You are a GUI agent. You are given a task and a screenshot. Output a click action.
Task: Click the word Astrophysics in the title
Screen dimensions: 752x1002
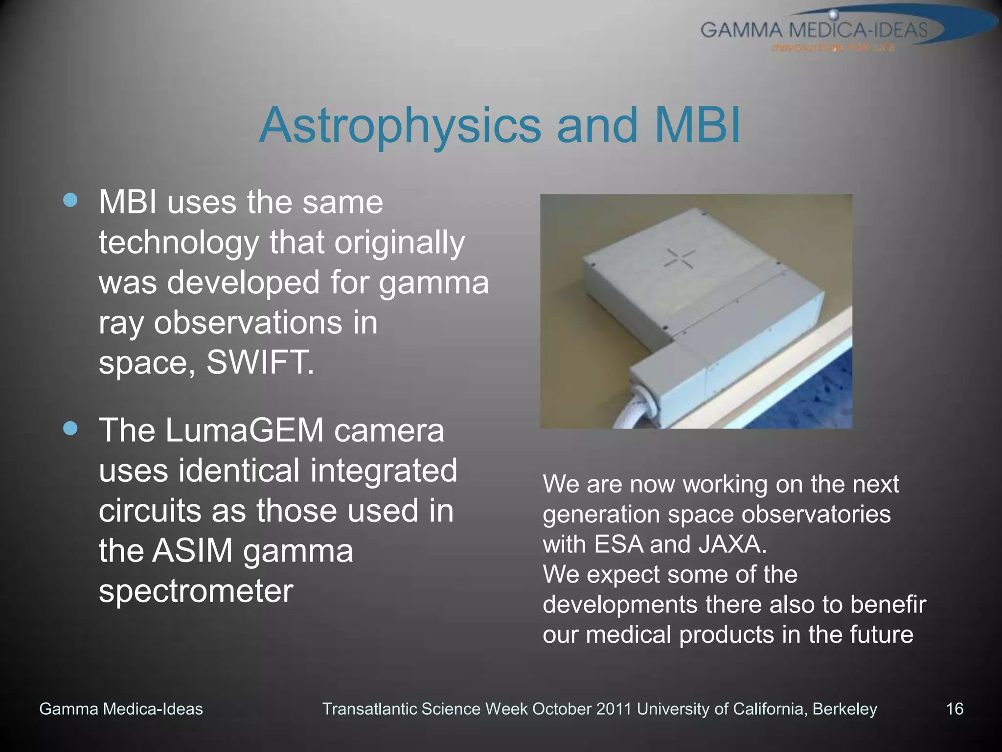click(x=400, y=126)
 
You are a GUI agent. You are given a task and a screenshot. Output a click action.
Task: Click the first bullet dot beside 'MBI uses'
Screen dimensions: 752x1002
click(x=70, y=200)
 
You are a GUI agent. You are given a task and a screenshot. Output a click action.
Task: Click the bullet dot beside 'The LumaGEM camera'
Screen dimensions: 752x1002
click(x=70, y=428)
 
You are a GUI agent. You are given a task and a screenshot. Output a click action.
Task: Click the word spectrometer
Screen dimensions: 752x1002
click(x=196, y=591)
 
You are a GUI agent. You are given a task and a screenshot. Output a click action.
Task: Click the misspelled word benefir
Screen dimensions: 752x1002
click(x=888, y=605)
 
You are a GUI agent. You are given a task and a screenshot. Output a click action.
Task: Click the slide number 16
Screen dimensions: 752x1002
click(x=955, y=709)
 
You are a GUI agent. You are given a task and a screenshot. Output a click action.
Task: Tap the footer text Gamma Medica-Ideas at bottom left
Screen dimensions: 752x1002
click(x=121, y=709)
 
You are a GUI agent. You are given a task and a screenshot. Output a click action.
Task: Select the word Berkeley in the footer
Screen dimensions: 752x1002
click(x=845, y=709)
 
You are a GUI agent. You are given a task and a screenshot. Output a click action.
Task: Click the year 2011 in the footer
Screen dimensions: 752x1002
click(x=614, y=709)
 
